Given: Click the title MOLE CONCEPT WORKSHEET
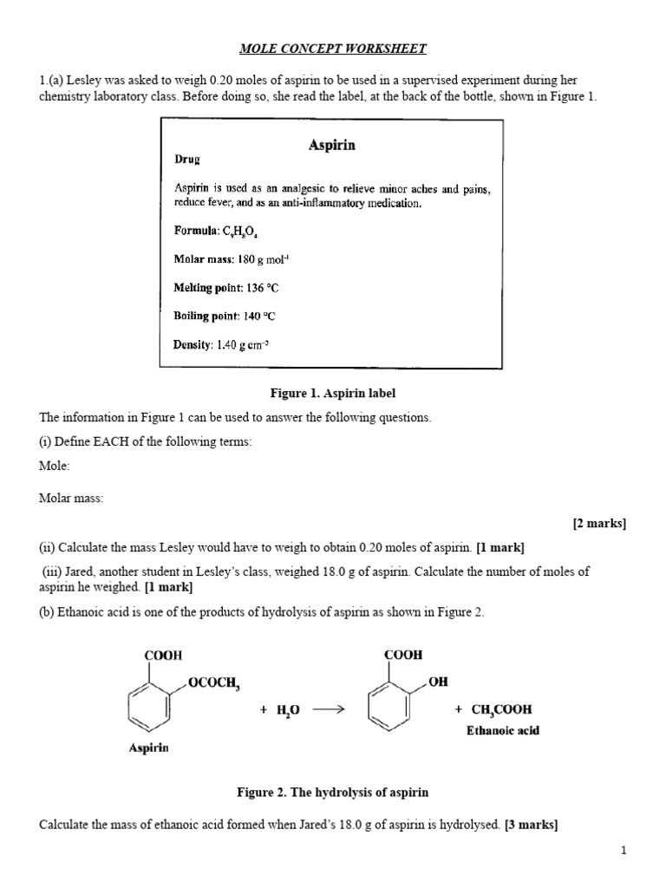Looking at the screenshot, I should coord(333,49).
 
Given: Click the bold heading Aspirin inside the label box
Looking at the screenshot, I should coord(332,146).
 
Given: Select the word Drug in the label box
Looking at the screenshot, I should coord(187,160).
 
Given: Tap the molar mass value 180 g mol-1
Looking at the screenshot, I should coord(264,259).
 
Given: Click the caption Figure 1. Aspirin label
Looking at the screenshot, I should coord(333,394).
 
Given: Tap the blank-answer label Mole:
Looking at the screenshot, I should coord(55,466).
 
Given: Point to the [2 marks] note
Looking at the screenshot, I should coord(599,523).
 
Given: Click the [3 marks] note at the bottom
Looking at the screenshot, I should coord(531,825).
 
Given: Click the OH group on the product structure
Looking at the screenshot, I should coord(438,682).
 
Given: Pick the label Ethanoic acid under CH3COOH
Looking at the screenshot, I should coord(503,730).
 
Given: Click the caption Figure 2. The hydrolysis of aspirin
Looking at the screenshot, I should coord(333,793).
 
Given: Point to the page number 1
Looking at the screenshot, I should coord(623,851).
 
